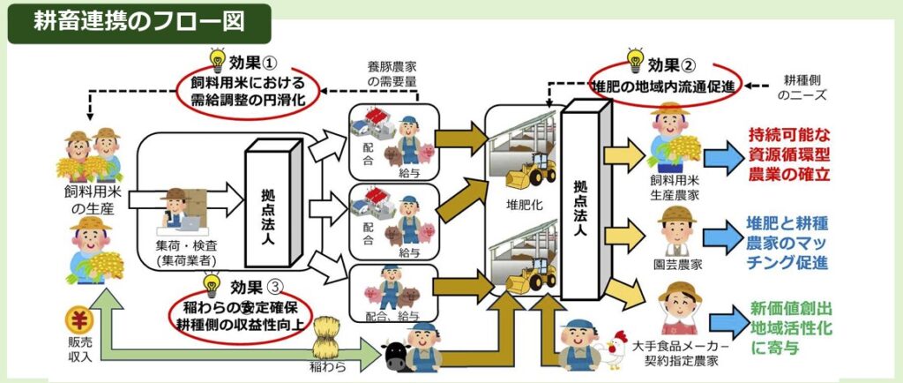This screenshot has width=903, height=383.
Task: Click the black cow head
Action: pos(395,355)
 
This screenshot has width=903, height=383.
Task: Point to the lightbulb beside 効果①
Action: pos(216,60)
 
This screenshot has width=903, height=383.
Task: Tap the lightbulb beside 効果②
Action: pos(631,61)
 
